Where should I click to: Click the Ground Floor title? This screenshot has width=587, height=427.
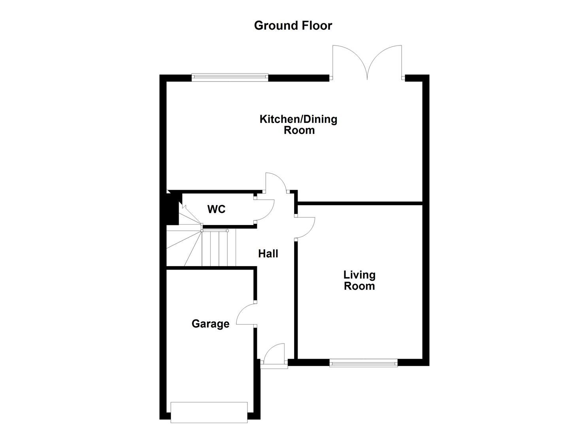click(293, 26)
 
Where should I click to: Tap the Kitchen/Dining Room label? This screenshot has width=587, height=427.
click(298, 125)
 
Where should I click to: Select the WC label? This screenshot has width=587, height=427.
click(216, 209)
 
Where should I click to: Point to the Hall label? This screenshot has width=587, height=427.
click(268, 253)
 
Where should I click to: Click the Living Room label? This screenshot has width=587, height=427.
click(359, 280)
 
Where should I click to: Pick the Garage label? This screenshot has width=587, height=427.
click(210, 324)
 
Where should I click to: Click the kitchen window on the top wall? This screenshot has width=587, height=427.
click(230, 77)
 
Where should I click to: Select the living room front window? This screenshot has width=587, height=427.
click(363, 363)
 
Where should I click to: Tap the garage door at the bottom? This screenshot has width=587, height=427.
click(209, 412)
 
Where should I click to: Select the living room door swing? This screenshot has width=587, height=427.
click(305, 228)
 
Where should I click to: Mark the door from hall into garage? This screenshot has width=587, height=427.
click(246, 315)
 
